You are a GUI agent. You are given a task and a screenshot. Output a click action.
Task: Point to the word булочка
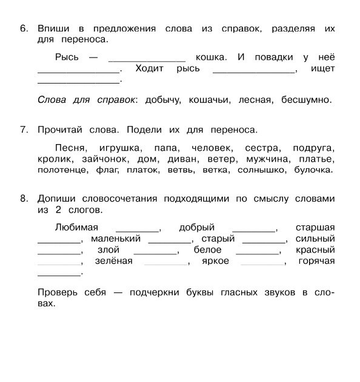point(314,170)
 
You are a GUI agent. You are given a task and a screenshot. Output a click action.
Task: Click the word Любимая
point(76,228)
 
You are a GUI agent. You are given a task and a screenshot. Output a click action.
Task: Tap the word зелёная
point(113,261)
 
